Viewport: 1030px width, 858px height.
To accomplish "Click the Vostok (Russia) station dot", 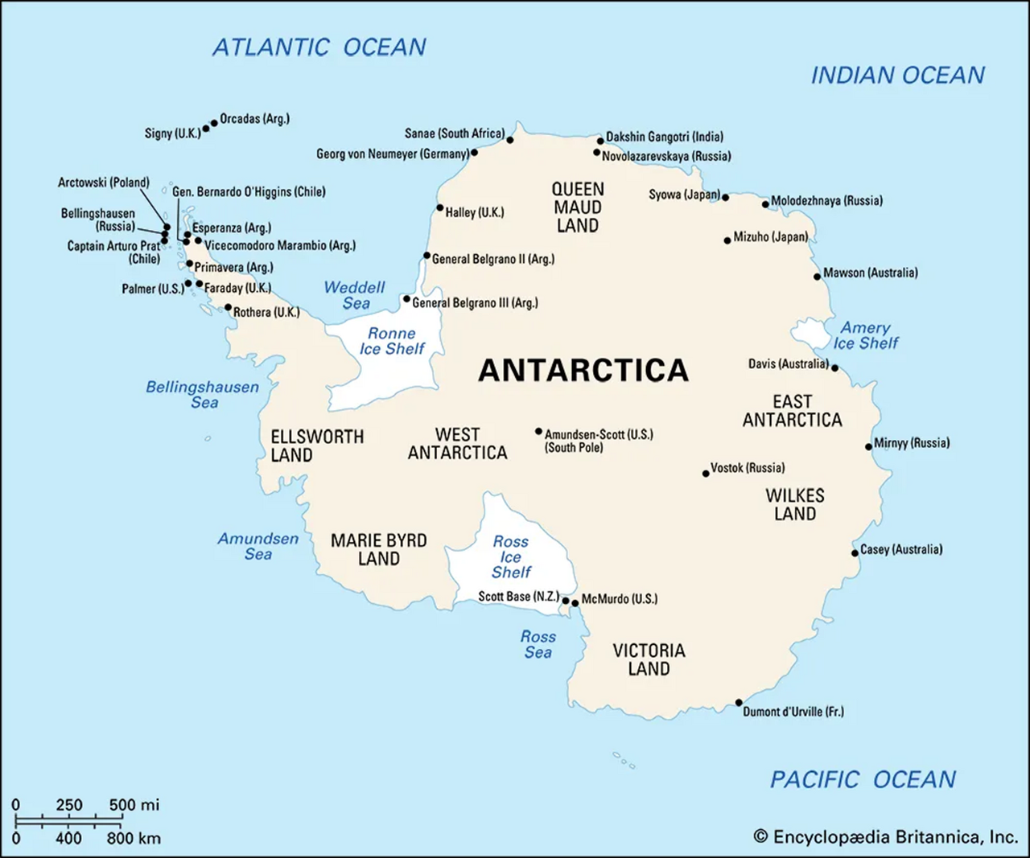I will tap(706, 473).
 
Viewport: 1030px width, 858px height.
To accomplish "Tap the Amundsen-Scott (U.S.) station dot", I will tap(538, 432).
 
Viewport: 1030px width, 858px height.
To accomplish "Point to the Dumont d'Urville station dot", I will tap(739, 703).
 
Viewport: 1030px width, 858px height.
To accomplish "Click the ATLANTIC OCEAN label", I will tap(319, 47).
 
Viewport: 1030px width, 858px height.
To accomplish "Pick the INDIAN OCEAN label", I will tap(897, 76).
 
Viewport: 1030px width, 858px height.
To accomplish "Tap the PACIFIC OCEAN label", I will tap(863, 779).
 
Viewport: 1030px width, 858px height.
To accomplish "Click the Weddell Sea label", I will tap(355, 295).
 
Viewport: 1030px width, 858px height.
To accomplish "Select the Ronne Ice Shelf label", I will tap(392, 341).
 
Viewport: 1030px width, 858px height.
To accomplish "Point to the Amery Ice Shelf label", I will tap(866, 335).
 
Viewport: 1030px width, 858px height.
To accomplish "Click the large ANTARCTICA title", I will tap(583, 370).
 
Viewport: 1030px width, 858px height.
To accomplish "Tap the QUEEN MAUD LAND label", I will tap(578, 207).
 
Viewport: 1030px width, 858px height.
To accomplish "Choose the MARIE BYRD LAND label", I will tap(379, 549).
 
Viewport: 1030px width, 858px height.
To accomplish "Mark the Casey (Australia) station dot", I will tap(855, 553).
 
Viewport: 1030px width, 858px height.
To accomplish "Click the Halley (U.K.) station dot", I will tap(439, 208).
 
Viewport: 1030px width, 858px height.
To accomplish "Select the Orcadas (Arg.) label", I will tap(254, 119).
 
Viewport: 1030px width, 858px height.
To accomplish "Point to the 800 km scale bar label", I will tap(134, 839).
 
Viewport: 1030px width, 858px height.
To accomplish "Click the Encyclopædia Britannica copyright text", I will tap(885, 837).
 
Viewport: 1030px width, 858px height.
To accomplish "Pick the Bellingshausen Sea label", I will tap(203, 394).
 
